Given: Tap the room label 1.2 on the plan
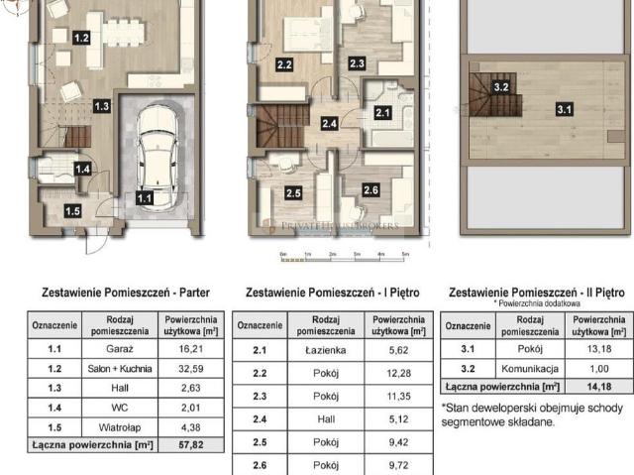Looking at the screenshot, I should pyautogui.click(x=82, y=38).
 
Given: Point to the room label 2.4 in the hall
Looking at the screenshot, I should pyautogui.click(x=329, y=124).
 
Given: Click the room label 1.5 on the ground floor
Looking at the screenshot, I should pyautogui.click(x=73, y=210).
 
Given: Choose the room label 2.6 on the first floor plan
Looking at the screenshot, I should pyautogui.click(x=370, y=189).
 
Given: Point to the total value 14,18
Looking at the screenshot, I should pyautogui.click(x=598, y=385).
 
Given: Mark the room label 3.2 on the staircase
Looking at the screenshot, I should pyautogui.click(x=501, y=87).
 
